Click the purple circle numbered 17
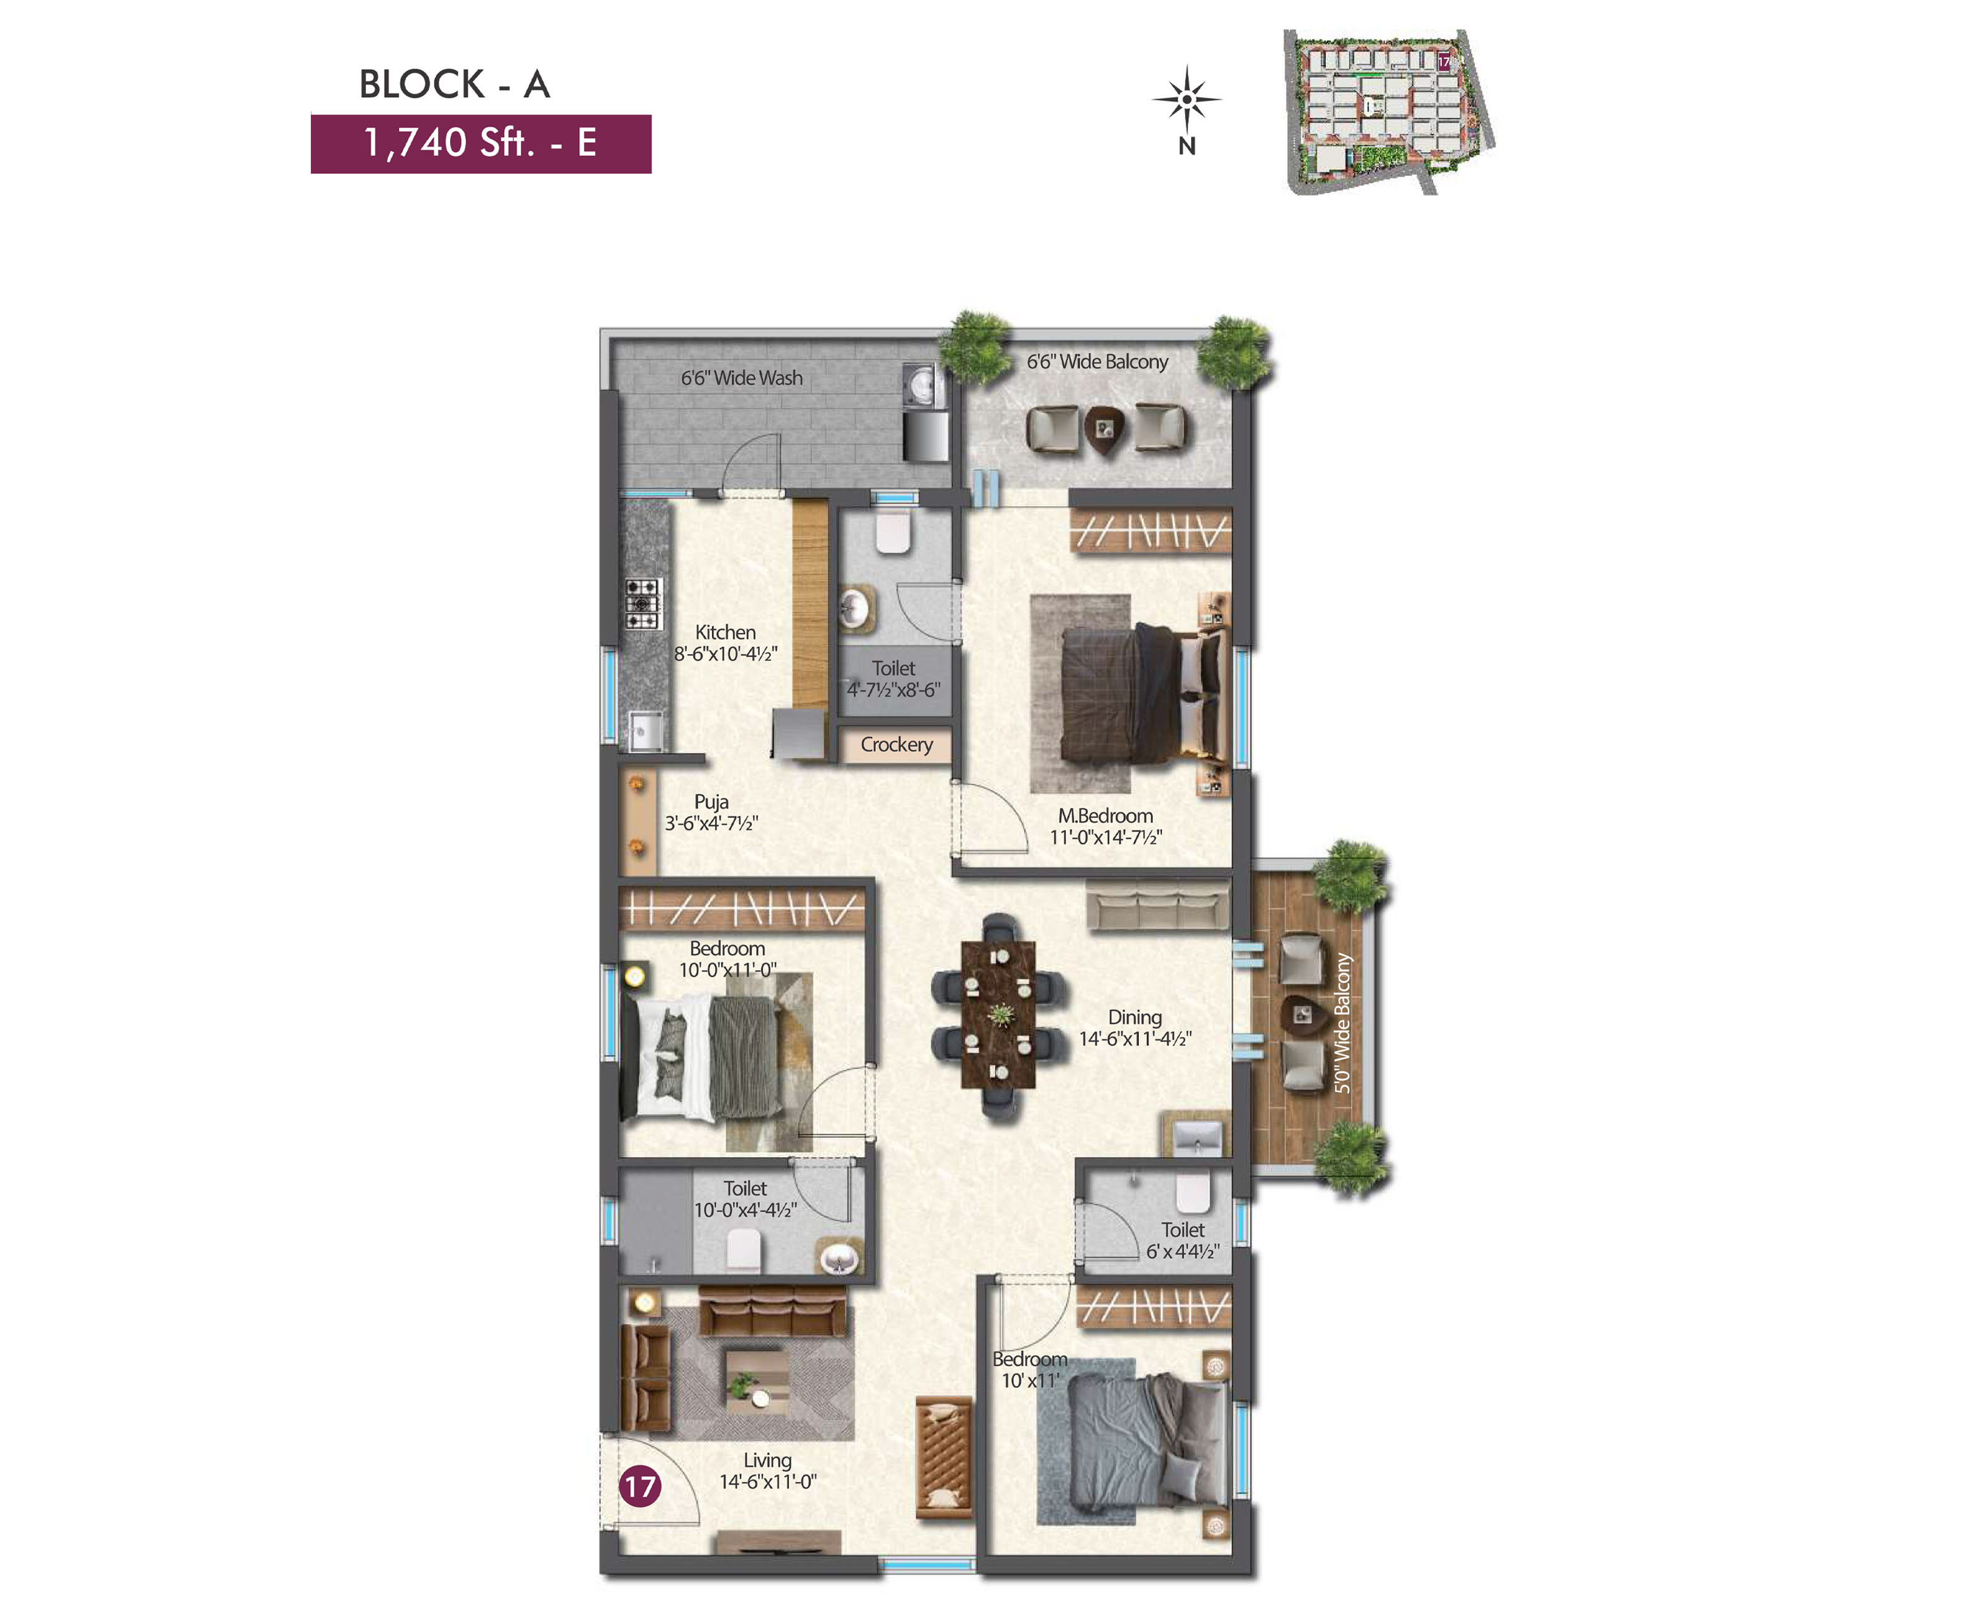640,1486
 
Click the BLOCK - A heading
454,84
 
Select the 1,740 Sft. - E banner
481,144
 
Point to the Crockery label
896,744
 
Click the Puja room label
711,801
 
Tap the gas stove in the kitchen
643,604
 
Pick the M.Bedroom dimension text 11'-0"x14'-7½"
1105,837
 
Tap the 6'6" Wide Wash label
741,378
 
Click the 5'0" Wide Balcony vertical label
1343,1023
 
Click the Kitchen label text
725,633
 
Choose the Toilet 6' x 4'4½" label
1183,1241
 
